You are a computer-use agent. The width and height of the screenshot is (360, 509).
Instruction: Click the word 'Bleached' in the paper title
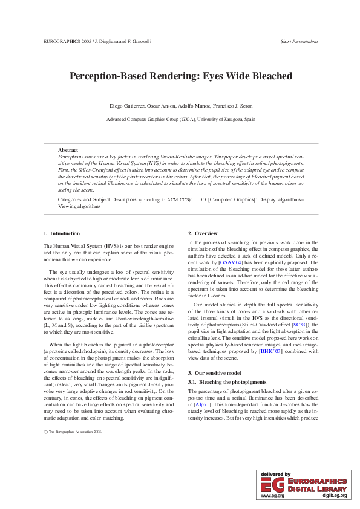pyautogui.click(x=266, y=76)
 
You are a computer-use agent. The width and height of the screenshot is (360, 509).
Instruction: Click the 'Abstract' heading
pyautogui.click(x=68, y=150)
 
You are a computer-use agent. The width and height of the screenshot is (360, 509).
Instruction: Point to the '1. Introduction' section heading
pyautogui.click(x=62, y=233)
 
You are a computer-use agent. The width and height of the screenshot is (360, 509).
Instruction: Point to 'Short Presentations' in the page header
pyautogui.click(x=299, y=42)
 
